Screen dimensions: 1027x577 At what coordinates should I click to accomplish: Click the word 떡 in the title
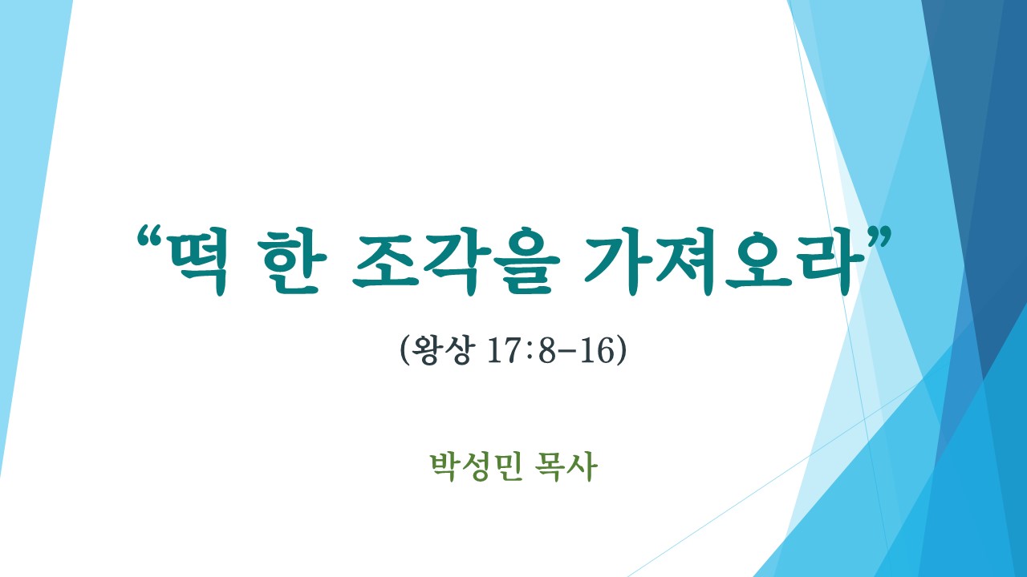click(x=197, y=261)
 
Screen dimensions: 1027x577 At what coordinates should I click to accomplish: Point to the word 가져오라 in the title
click(x=717, y=261)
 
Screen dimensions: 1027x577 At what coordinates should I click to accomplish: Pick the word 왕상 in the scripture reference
click(x=441, y=350)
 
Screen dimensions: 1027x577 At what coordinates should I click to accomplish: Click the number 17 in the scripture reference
click(x=505, y=351)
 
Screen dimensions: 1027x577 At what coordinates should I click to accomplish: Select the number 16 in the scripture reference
click(x=596, y=351)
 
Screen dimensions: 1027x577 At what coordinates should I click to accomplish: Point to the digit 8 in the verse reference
click(x=546, y=351)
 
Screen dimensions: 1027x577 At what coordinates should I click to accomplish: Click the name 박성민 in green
click(x=477, y=466)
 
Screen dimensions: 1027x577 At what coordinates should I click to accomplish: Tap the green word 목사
click(x=566, y=466)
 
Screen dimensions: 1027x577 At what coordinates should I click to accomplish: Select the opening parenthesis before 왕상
click(x=405, y=351)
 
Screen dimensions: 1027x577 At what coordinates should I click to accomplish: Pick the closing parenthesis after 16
click(x=621, y=351)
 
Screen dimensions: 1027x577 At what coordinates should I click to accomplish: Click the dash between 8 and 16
click(x=568, y=353)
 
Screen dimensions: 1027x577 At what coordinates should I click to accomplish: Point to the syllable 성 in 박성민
click(x=477, y=466)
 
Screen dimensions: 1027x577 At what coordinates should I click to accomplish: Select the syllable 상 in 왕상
click(x=457, y=350)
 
